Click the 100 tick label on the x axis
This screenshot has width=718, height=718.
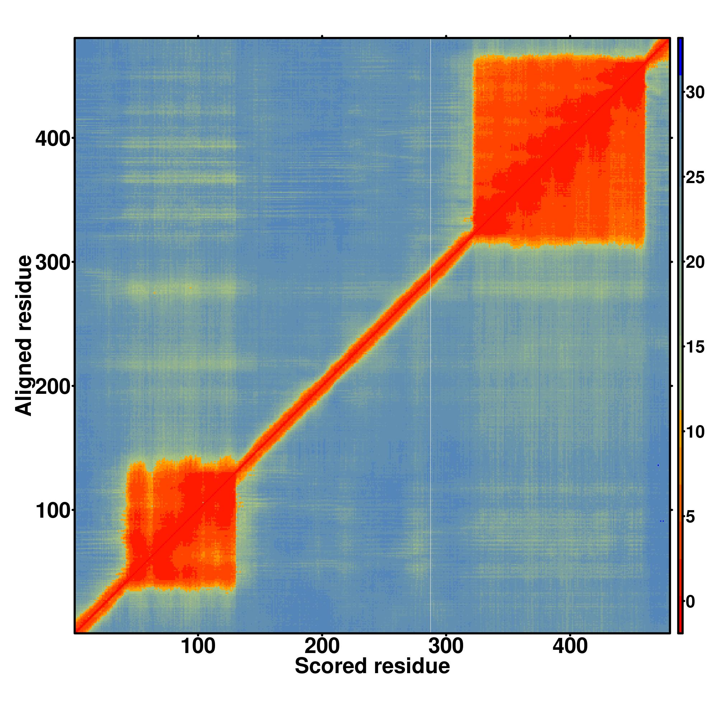click(x=198, y=646)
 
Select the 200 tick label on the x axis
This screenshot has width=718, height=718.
click(x=322, y=646)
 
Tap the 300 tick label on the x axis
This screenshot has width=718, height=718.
click(x=446, y=646)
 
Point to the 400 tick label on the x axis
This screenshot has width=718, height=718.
click(x=570, y=646)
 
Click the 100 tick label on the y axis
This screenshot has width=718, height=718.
click(x=53, y=511)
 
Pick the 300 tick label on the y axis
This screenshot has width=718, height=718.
click(x=53, y=264)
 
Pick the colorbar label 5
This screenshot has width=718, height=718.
click(x=690, y=517)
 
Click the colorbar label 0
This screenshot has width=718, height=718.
click(x=690, y=602)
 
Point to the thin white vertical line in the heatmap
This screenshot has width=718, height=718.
click(x=430, y=335)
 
